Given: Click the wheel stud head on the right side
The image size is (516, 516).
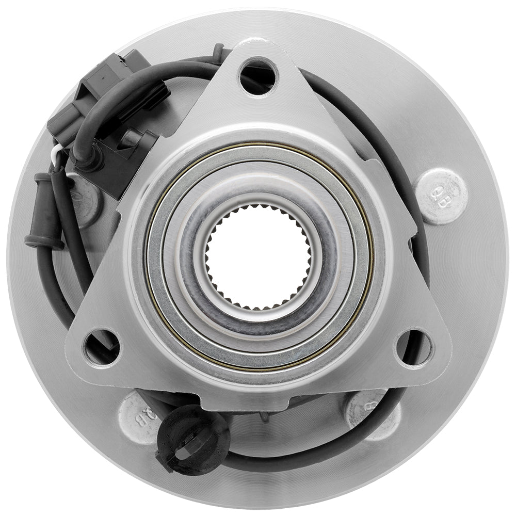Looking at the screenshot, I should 441,197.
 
